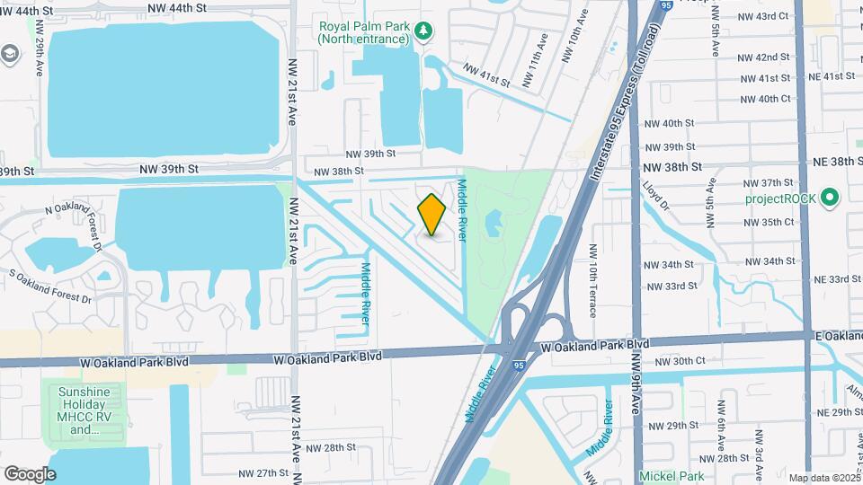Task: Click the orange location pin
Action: (432, 215)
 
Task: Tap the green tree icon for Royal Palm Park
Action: (423, 31)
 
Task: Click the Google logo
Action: (30, 473)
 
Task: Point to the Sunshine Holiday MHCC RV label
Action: (84, 410)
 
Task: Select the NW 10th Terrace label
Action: (593, 279)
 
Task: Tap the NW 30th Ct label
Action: (680, 361)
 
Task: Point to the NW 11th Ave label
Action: (542, 55)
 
